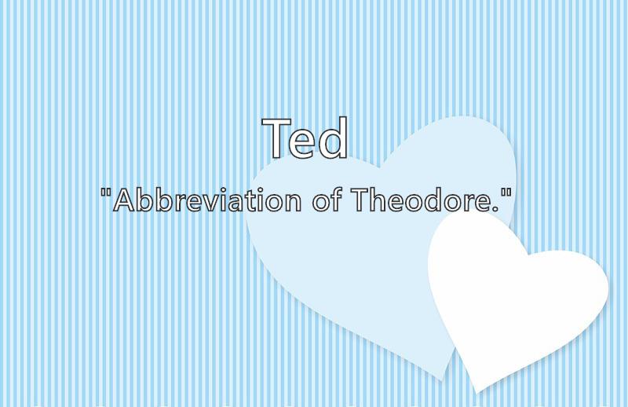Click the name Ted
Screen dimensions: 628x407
[305, 137]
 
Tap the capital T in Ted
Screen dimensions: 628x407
[277, 138]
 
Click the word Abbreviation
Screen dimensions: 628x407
[207, 200]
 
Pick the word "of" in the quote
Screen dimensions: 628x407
[327, 200]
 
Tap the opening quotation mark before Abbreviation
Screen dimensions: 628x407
[106, 192]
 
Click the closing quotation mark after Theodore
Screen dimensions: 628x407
[506, 192]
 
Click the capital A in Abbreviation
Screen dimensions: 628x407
[125, 200]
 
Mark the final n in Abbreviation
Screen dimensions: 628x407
[292, 203]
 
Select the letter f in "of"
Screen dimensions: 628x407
[337, 200]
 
